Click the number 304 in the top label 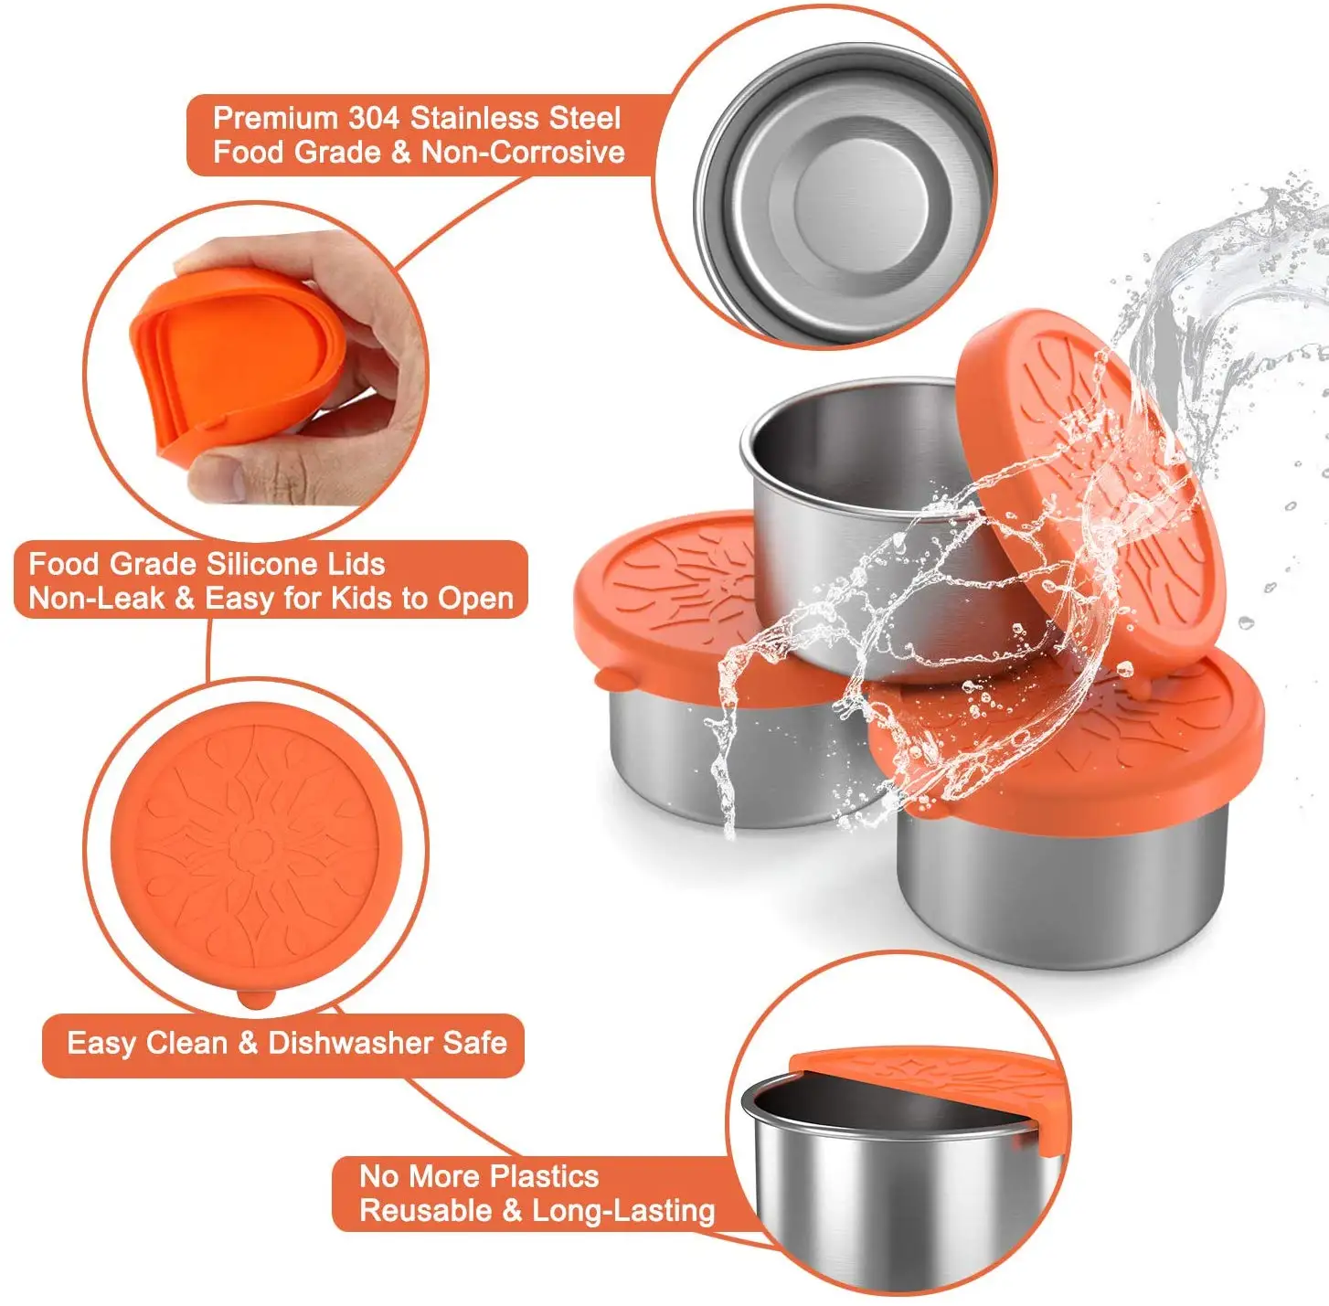(373, 119)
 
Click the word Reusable (425, 1211)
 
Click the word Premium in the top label (275, 119)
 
